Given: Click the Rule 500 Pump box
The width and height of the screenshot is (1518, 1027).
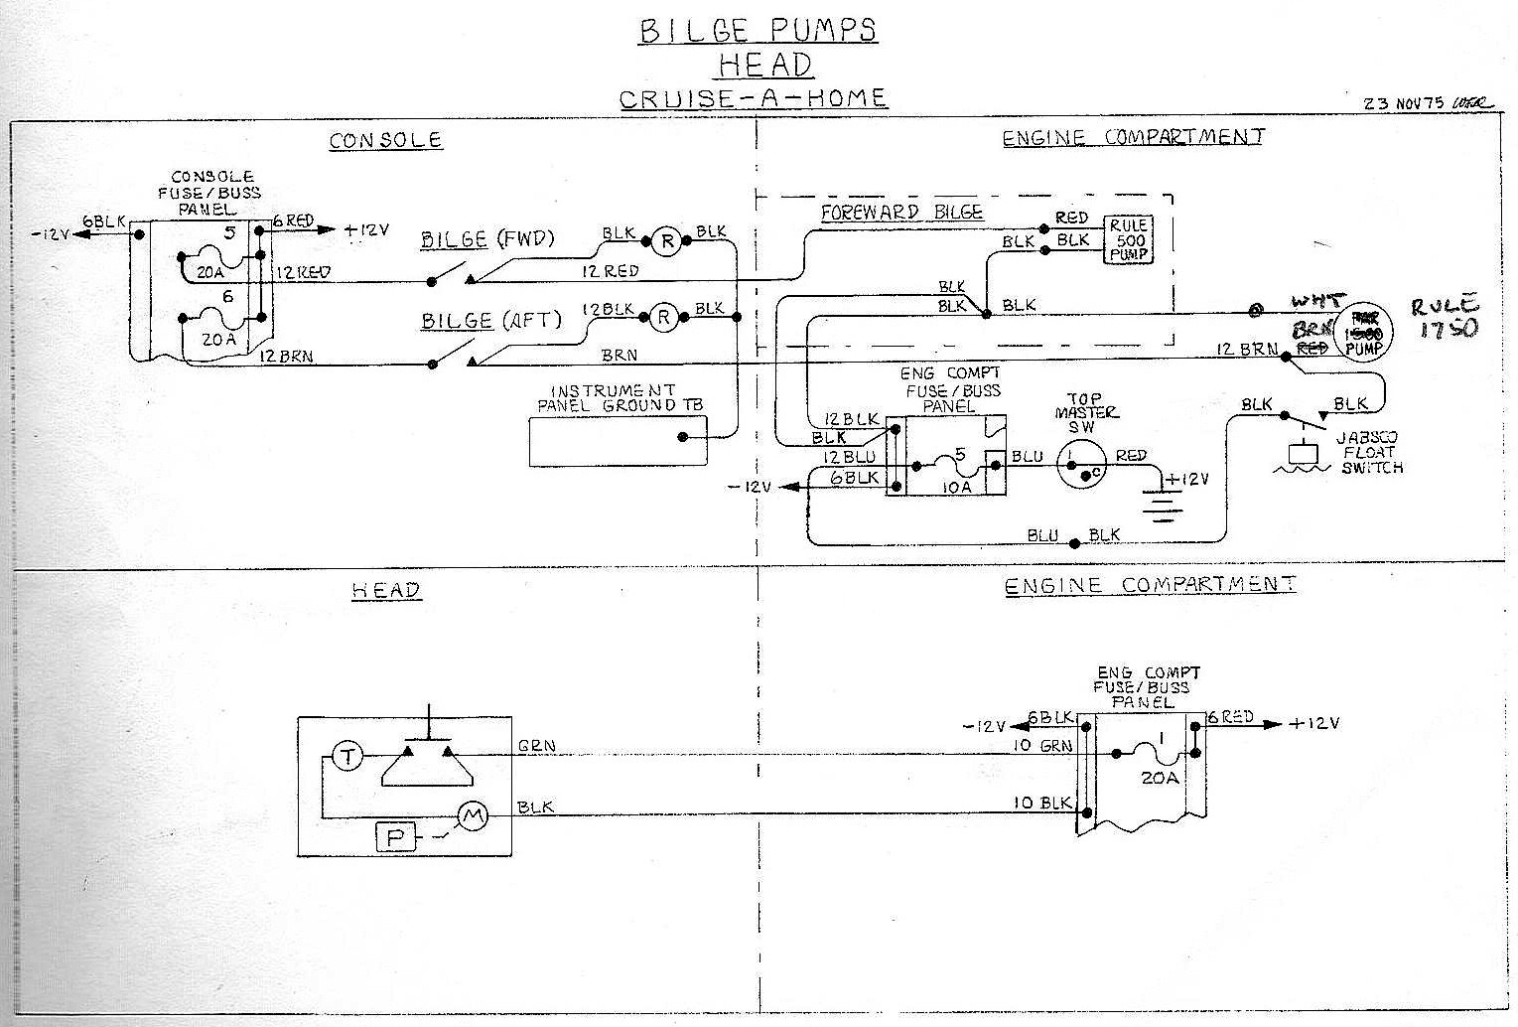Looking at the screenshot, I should pyautogui.click(x=1129, y=240).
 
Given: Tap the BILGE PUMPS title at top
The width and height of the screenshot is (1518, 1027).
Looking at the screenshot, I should pyautogui.click(x=758, y=31).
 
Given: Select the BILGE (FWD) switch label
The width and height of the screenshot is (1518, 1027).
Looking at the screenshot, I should pyautogui.click(x=486, y=239).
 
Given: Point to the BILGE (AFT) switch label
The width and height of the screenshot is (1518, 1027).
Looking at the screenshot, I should pyautogui.click(x=490, y=320).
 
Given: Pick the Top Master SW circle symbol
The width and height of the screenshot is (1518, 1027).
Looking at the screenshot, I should pyautogui.click(x=1081, y=463).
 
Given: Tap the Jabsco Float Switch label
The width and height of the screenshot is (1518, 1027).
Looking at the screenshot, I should pyautogui.click(x=1371, y=452).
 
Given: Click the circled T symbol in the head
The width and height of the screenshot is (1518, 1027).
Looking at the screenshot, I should pyautogui.click(x=346, y=757).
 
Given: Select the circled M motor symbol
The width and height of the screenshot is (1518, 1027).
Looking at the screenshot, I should pyautogui.click(x=472, y=816).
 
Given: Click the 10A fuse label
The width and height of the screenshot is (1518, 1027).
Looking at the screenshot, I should pyautogui.click(x=957, y=488).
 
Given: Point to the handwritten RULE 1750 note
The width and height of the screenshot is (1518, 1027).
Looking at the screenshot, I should pyautogui.click(x=1446, y=317).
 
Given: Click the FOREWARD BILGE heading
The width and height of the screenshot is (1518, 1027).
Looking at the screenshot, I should pyautogui.click(x=900, y=213).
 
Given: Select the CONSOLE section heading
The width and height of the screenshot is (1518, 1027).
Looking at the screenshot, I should pyautogui.click(x=385, y=140).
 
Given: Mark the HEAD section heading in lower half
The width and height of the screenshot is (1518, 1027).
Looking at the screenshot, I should pyautogui.click(x=385, y=590).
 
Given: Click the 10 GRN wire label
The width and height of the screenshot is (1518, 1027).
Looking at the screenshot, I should pyautogui.click(x=1041, y=745).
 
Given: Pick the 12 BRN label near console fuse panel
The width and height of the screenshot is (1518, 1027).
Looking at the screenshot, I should pyautogui.click(x=285, y=356).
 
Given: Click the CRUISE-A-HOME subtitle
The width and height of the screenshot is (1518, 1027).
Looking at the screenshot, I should pyautogui.click(x=753, y=98).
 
